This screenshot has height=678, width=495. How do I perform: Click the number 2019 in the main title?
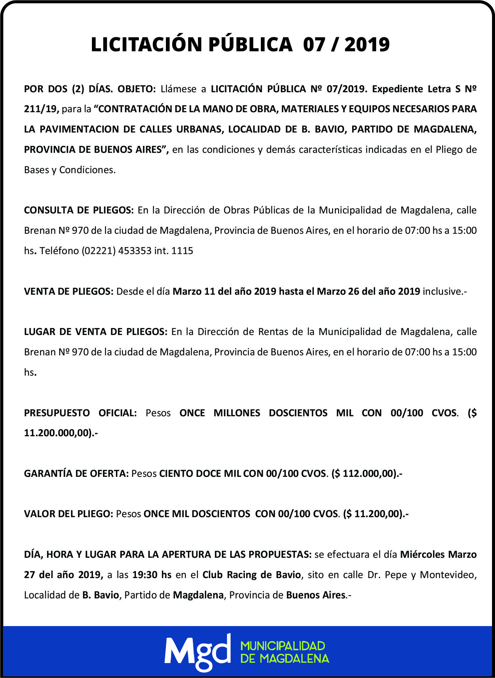367,44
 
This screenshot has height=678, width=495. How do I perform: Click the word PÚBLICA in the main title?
250,44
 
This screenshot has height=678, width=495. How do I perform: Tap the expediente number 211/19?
41,109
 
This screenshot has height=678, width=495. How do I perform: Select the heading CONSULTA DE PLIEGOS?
79,210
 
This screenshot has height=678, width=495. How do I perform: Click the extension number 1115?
182,251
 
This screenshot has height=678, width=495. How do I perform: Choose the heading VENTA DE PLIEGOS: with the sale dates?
69,291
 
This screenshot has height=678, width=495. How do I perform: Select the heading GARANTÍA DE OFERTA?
76,474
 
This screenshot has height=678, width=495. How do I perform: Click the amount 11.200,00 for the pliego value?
376,514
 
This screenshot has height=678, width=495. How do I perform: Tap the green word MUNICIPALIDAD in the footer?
282,646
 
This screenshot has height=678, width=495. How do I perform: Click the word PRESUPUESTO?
57,413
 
